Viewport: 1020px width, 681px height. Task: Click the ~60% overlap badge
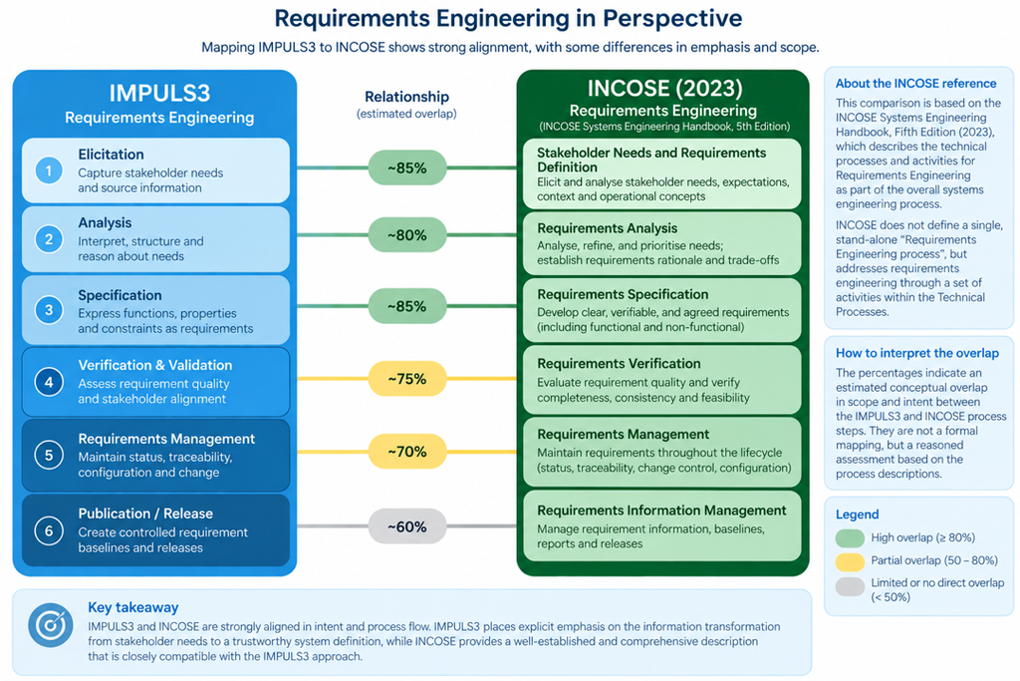point(407,526)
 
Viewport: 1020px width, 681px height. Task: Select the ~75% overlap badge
point(407,379)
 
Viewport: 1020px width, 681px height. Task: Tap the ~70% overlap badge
point(407,452)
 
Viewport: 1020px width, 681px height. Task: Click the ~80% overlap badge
point(407,235)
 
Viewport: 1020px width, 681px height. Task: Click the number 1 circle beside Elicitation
point(49,170)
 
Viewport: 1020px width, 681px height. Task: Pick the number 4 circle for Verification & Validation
point(49,382)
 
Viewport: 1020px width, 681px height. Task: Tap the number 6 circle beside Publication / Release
point(49,530)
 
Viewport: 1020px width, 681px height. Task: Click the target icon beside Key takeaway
point(50,625)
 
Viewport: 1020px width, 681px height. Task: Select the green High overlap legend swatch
point(850,537)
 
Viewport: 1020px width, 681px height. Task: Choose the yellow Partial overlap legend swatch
point(850,561)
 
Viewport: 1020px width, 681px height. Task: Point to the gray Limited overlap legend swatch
point(850,586)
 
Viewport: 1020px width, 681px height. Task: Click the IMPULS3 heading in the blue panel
point(159,93)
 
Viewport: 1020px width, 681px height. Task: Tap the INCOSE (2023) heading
point(664,89)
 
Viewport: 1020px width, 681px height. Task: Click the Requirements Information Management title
point(661,511)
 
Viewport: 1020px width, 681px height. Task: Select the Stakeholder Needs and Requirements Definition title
point(651,160)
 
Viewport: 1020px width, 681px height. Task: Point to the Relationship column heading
point(406,97)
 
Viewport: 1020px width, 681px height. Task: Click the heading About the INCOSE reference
point(916,84)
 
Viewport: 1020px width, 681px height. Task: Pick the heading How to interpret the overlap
point(917,353)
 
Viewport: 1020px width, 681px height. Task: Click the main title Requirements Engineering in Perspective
point(508,18)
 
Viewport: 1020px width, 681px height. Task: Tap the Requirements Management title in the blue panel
point(166,439)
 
